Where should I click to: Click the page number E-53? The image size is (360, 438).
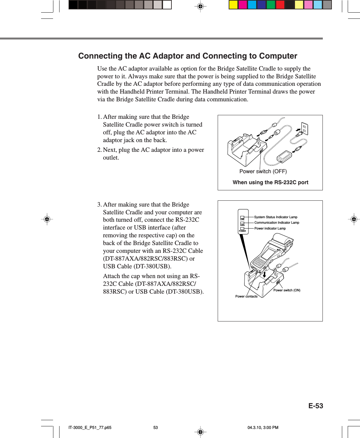[315, 406]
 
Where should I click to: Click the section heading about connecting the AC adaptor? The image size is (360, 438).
[188, 56]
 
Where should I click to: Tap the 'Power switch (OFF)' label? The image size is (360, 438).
[263, 171]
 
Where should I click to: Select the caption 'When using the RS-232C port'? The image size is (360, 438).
[270, 182]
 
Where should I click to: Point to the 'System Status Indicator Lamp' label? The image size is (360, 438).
[276, 217]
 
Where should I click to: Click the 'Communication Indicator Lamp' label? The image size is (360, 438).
[277, 222]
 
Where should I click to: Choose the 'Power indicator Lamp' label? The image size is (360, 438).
[270, 228]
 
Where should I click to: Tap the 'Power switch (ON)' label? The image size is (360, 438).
[287, 290]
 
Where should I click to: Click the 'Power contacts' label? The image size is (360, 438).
[246, 296]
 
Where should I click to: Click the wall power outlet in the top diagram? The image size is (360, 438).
[305, 128]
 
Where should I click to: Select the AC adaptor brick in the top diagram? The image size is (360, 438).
[284, 157]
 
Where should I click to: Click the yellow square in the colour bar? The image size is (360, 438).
[233, 5]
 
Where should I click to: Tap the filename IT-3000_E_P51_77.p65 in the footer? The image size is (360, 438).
[90, 427]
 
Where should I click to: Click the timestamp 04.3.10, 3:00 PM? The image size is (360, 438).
[263, 427]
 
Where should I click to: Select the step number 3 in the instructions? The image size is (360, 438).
[99, 205]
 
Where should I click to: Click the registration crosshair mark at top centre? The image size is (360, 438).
[200, 6]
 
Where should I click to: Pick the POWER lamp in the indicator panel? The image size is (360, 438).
[242, 229]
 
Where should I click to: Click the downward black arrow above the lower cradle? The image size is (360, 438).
[264, 275]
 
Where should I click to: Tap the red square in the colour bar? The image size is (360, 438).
[280, 5]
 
